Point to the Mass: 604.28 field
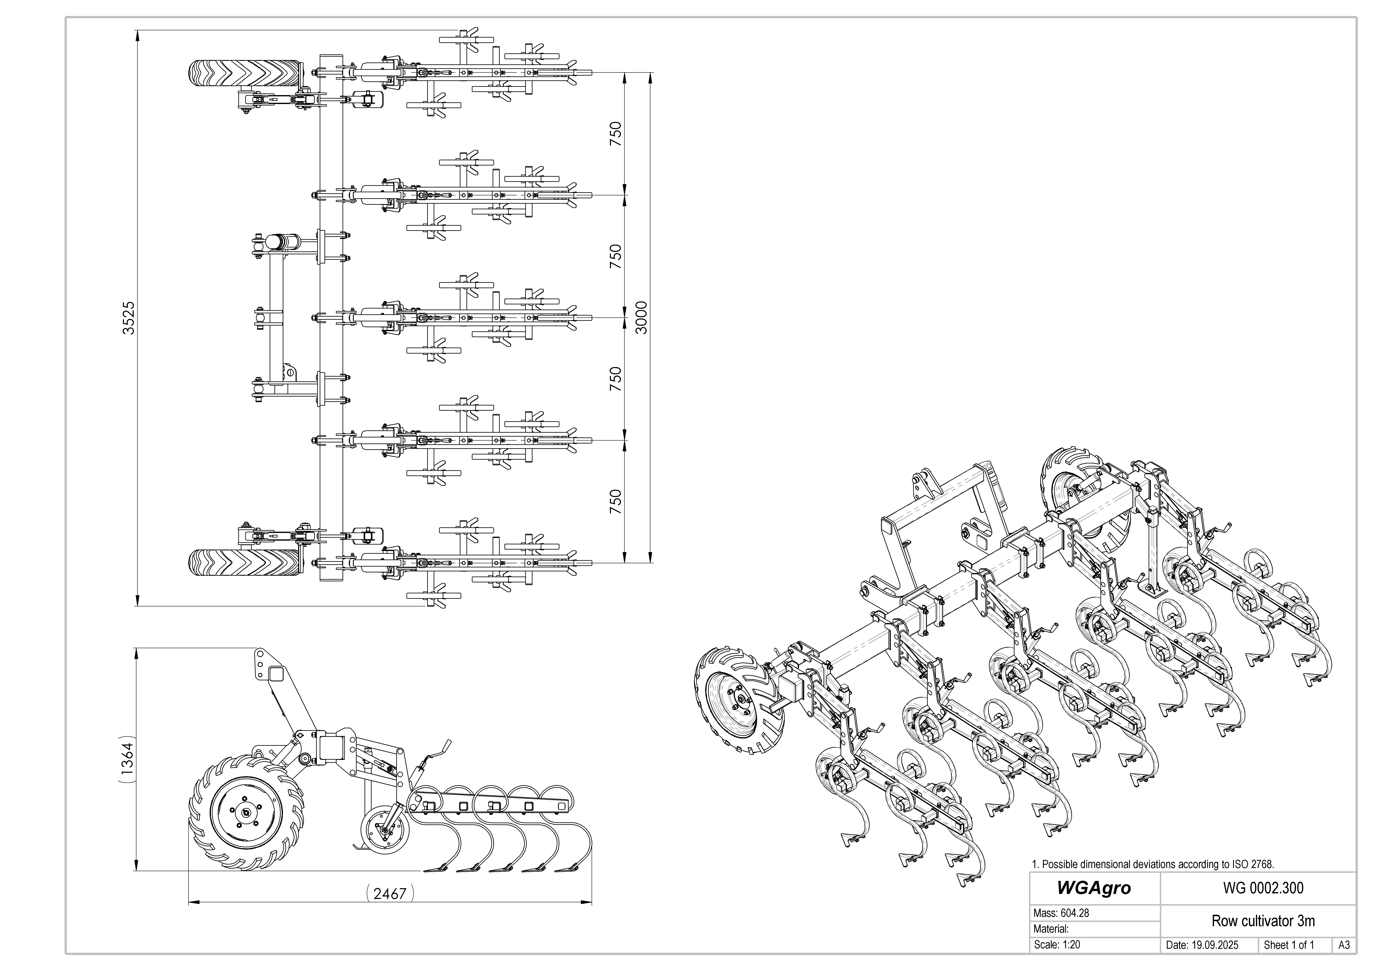[1061, 914]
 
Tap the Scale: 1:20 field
[1057, 945]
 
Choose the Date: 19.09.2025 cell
[1202, 945]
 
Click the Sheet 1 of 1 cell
[1289, 945]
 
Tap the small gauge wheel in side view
[384, 831]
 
